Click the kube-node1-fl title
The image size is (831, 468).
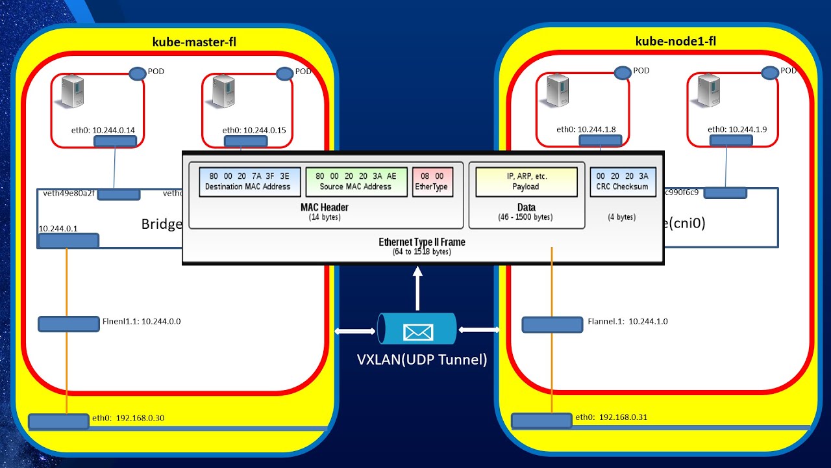(x=675, y=42)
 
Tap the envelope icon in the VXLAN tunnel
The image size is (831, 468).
(x=417, y=332)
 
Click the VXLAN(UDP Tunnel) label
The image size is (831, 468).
(x=422, y=359)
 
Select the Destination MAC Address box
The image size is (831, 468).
(x=249, y=181)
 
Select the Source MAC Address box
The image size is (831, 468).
(x=356, y=181)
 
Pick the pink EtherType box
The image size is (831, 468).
(x=432, y=181)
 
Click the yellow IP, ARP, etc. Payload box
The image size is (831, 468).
(x=526, y=181)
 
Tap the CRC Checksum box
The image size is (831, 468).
(x=622, y=181)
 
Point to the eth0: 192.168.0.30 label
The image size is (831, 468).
(x=128, y=418)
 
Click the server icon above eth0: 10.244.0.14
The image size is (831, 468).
(x=72, y=91)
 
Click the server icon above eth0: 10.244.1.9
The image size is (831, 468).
(x=708, y=90)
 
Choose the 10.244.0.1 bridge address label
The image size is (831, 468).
(x=58, y=229)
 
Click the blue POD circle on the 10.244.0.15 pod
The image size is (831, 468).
(x=284, y=73)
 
